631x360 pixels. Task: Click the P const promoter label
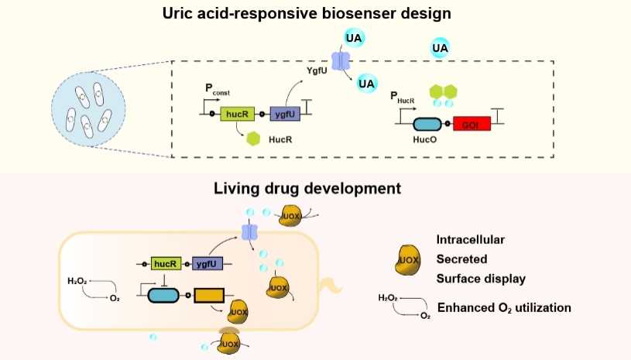coord(216,90)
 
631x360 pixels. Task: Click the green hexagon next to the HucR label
coord(252,139)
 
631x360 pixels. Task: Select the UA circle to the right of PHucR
coord(441,49)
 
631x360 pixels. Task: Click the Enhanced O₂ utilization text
coord(504,308)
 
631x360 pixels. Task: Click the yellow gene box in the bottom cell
coord(208,296)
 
